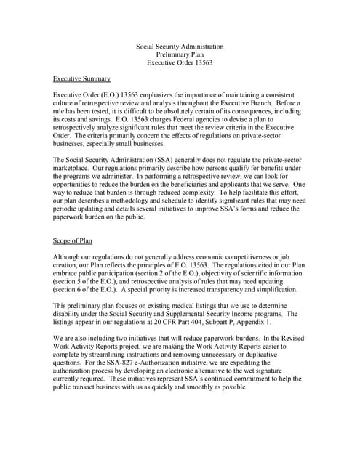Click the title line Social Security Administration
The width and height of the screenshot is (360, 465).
[180, 46]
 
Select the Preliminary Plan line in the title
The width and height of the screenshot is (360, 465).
[180, 54]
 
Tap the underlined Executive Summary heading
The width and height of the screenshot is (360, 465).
[82, 78]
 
